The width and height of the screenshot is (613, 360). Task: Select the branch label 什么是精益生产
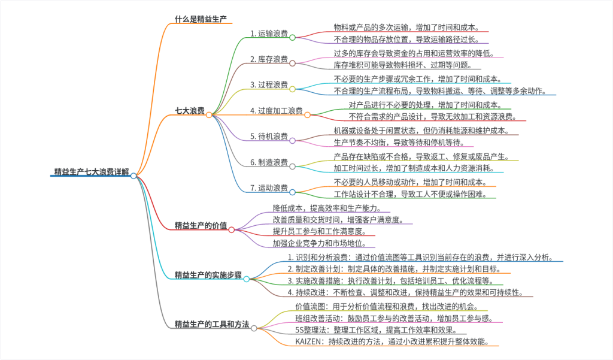point(200,19)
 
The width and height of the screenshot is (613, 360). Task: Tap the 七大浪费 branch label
point(189,111)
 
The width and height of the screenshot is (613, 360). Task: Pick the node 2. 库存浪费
point(269,59)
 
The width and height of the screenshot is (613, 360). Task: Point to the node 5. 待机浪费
point(269,136)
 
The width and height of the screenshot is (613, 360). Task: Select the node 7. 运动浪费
point(269,188)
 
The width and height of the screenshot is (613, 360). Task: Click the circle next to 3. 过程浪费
point(293,89)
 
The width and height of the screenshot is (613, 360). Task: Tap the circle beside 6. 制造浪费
point(293,167)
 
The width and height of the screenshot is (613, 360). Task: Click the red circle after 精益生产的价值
point(232,229)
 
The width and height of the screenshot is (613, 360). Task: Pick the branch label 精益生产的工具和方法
point(211,324)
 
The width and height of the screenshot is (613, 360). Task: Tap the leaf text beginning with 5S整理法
point(377,330)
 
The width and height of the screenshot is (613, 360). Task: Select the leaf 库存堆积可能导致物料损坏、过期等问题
point(403,65)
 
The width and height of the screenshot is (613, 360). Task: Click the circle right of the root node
point(133,176)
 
